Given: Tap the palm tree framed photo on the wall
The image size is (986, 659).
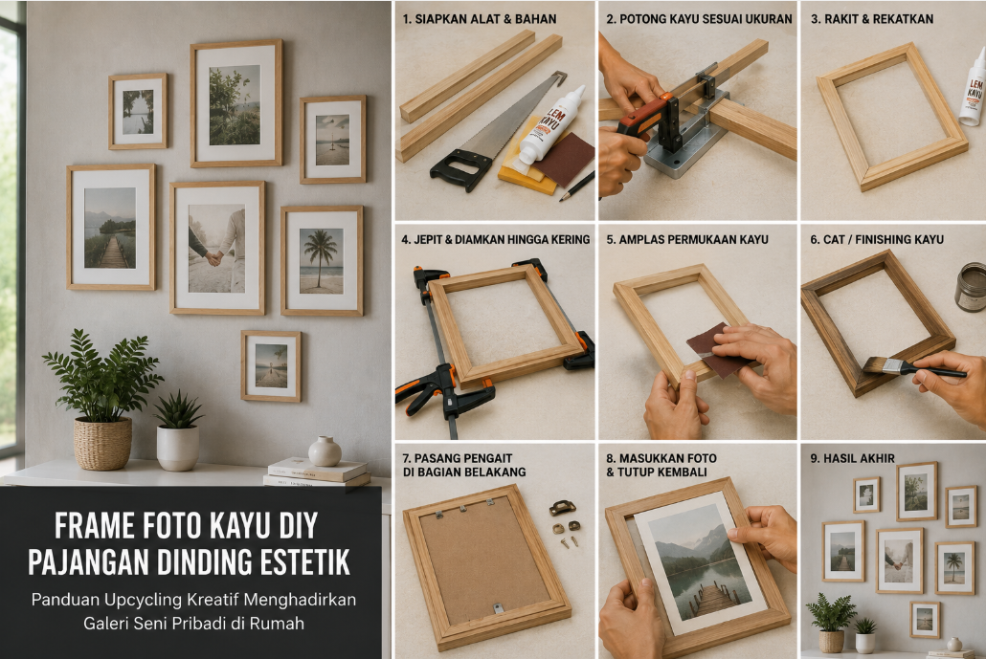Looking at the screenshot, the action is click(322, 261).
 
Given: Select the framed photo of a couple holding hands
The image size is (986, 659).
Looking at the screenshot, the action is click(217, 248).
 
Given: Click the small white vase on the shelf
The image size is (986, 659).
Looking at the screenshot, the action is click(325, 451).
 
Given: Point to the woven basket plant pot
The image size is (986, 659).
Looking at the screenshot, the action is click(102, 444).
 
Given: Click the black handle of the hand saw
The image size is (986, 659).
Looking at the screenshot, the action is click(460, 171).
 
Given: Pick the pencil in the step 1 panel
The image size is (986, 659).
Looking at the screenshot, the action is click(576, 186).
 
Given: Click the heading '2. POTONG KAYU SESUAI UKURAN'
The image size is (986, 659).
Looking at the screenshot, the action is click(699, 19).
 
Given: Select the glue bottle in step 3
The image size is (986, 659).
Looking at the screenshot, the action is click(974, 87).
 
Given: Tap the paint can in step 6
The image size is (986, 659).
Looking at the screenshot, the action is click(971, 287).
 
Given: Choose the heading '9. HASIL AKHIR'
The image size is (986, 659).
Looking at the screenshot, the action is click(852, 458).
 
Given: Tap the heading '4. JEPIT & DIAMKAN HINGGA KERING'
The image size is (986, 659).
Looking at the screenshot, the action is click(496, 239).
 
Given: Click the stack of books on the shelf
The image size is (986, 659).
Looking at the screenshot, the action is click(318, 473).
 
